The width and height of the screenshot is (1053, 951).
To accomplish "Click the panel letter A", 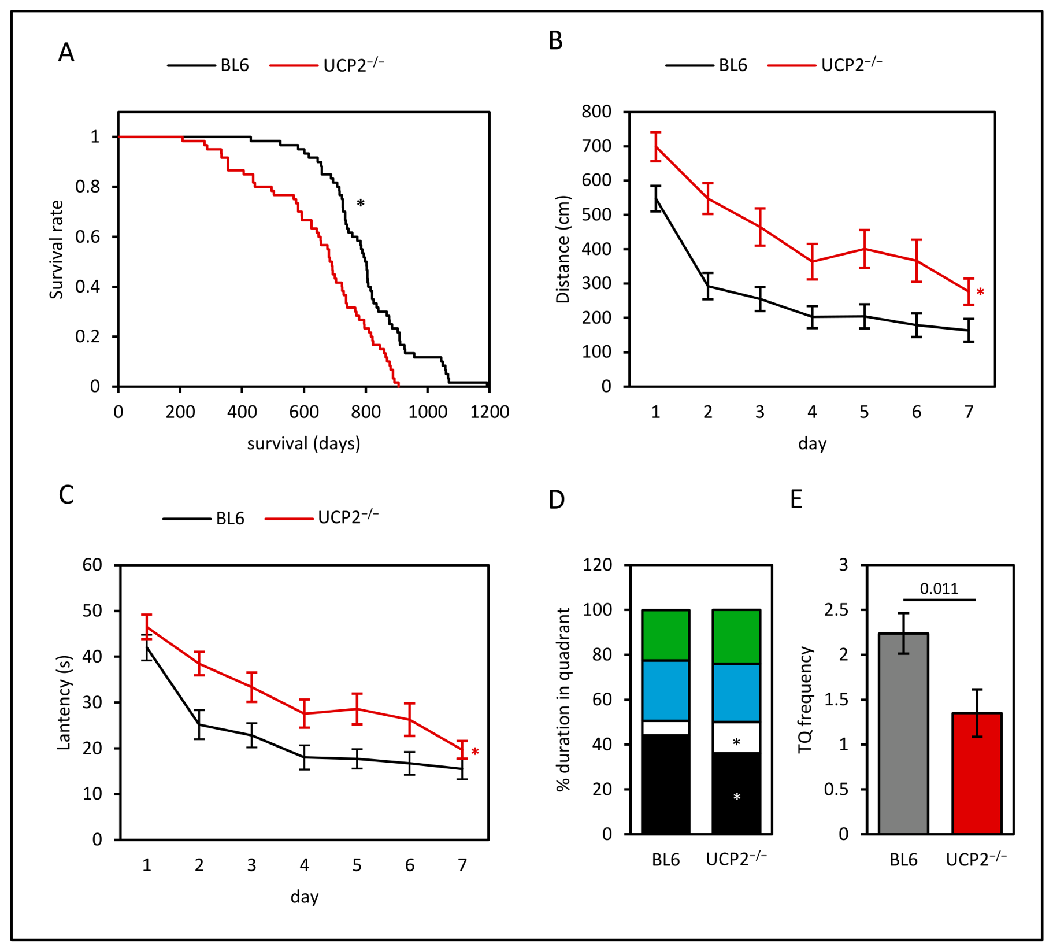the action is point(66,53).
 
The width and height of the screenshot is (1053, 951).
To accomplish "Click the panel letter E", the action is point(796,499).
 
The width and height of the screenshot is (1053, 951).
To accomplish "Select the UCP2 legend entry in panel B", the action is point(825,65).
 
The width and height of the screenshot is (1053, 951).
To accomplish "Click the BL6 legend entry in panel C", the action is point(203,519).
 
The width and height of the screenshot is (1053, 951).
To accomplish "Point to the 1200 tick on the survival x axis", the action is point(490,412).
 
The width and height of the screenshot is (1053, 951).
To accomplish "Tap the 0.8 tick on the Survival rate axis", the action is point(87,187).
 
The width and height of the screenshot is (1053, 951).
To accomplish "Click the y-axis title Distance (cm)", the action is point(562,249).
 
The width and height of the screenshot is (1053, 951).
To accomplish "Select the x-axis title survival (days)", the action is point(304,443).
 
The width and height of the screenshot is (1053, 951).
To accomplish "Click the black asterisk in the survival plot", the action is point(361,203).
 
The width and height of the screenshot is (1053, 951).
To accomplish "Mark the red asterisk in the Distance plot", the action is point(980,293).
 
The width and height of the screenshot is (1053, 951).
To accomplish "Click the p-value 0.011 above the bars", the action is point(939,589).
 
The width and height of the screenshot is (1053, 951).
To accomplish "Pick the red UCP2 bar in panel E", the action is point(977,773).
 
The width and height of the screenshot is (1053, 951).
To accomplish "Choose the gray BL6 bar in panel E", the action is point(903,733).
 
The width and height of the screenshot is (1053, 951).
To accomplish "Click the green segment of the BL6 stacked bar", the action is point(666,635).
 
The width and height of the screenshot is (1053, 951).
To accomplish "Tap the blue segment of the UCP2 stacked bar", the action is point(736,693).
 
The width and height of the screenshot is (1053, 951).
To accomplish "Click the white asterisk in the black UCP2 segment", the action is point(736,797).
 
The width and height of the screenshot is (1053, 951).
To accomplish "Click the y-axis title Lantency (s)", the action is point(64,702).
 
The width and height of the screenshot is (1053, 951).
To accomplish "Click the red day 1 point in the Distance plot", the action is point(655,146).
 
